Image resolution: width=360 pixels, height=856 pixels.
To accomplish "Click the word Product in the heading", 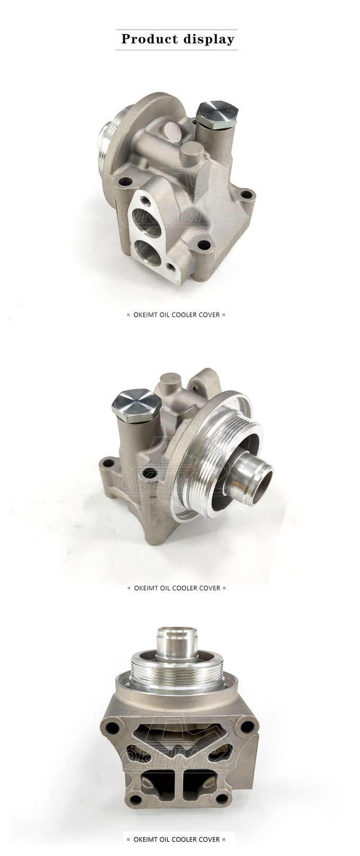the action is pos(150,39).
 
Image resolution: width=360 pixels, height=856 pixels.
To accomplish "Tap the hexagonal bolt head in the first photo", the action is pos(217,112).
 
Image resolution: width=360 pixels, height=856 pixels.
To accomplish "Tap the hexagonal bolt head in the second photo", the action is pos(137,406).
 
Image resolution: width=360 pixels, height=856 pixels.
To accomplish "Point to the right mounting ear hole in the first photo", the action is pos(247,195).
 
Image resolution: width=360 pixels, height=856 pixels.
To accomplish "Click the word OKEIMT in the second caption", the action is pos(146,588).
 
